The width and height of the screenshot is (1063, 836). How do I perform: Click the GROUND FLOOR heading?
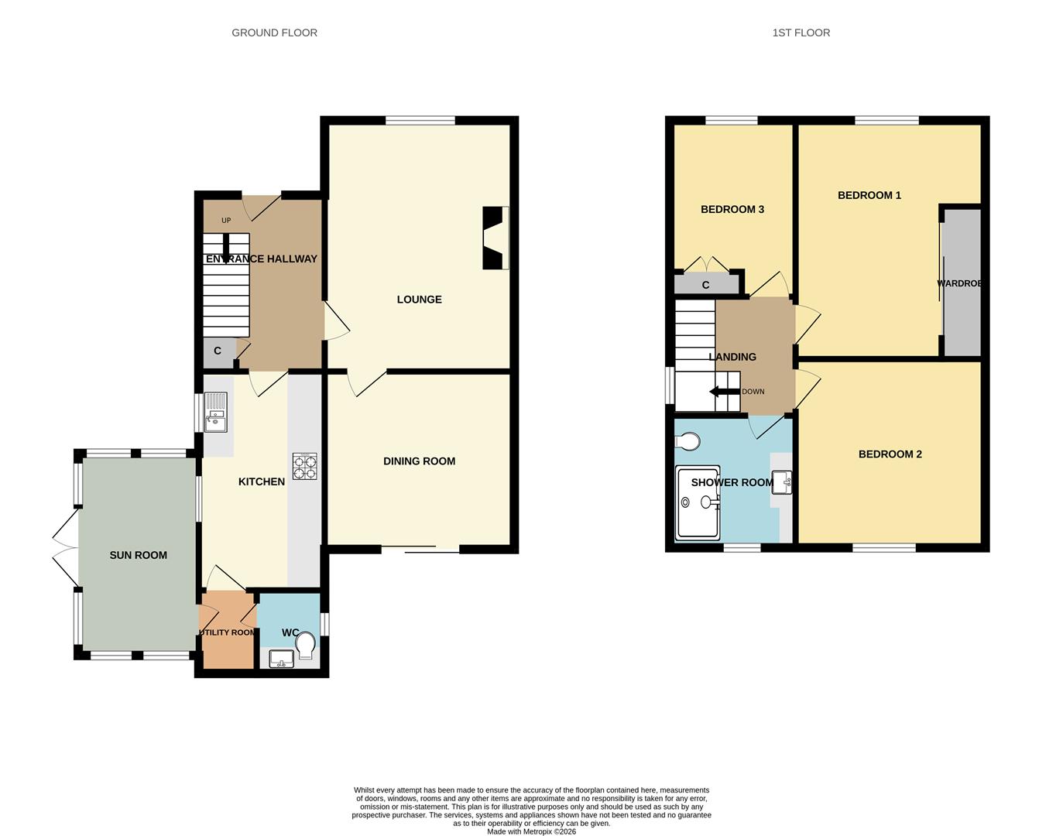(x=274, y=33)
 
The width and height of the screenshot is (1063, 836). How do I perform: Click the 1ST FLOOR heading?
(x=801, y=33)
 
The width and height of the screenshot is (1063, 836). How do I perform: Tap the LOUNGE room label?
(x=419, y=300)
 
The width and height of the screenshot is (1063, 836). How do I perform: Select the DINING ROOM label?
(x=419, y=461)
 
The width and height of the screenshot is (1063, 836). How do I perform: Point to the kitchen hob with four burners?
(x=304, y=467)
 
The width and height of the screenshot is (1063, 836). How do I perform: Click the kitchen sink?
(x=215, y=412)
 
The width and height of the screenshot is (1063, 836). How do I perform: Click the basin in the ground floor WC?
(x=281, y=659)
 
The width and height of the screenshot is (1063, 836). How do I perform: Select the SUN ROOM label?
(x=138, y=555)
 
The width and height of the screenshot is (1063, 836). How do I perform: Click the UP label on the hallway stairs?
(x=226, y=221)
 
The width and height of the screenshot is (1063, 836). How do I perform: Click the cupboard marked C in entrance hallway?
(x=218, y=351)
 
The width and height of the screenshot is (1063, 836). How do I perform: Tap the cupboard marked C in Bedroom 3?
(x=705, y=285)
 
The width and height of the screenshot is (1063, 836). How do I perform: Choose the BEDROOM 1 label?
(x=869, y=196)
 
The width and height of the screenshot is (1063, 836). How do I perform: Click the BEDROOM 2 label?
(x=890, y=454)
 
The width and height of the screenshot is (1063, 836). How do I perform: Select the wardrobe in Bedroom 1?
(x=961, y=283)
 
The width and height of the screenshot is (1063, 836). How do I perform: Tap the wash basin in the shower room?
(x=781, y=483)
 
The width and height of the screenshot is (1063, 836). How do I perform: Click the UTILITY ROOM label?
(x=227, y=632)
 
